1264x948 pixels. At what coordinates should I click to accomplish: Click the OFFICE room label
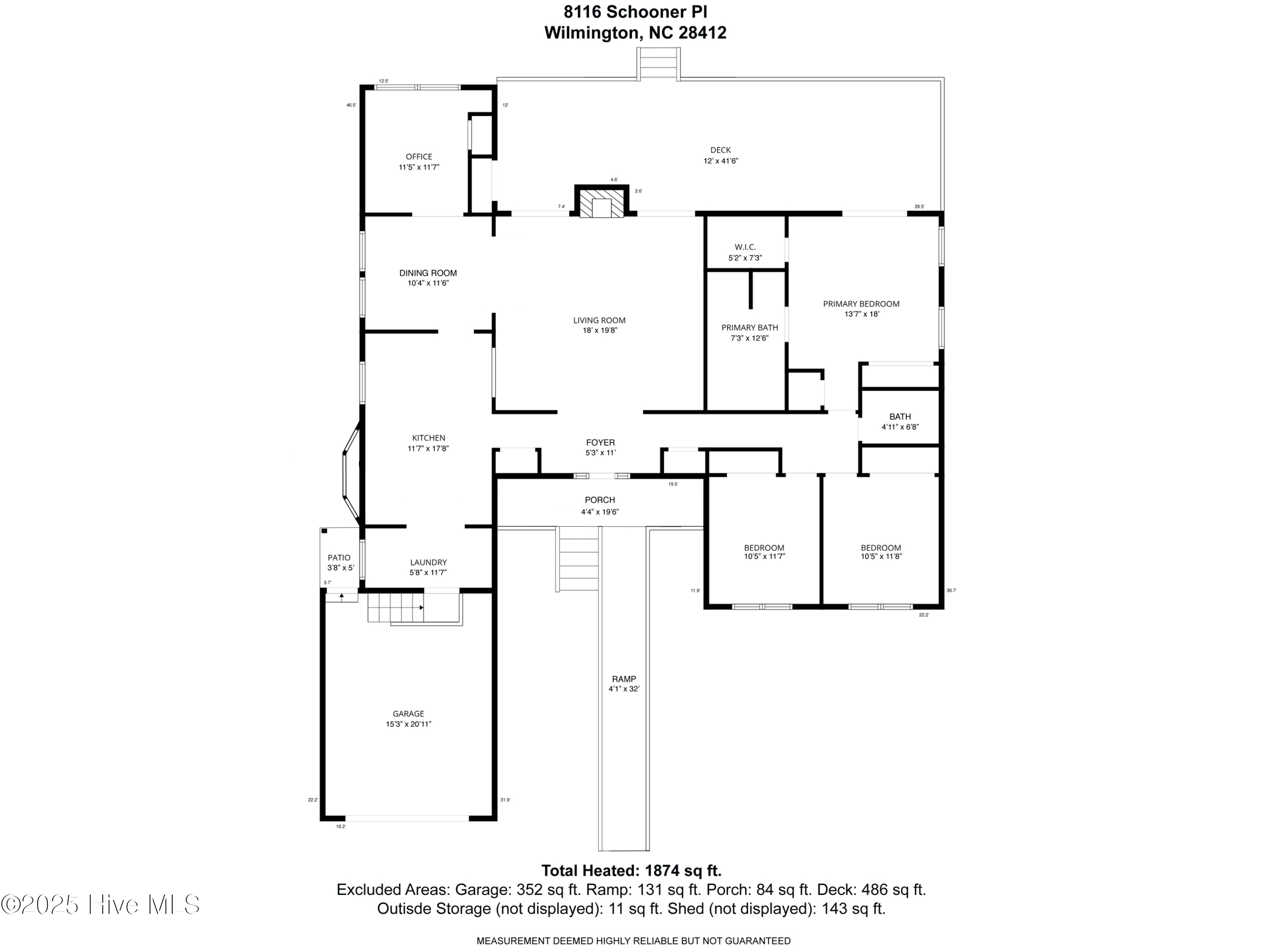[419, 157]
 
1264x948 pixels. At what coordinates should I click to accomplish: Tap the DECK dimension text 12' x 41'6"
[720, 161]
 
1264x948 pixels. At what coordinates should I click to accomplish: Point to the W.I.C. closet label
[745, 247]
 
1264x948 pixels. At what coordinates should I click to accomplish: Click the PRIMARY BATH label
[750, 327]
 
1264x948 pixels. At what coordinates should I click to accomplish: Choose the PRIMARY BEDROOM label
[861, 304]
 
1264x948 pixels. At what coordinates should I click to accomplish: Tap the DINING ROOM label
[428, 273]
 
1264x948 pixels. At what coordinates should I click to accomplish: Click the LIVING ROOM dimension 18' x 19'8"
[600, 330]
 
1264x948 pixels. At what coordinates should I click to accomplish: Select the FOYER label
[600, 442]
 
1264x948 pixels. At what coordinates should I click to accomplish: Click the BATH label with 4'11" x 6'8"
[900, 417]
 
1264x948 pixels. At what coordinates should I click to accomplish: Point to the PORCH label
[600, 500]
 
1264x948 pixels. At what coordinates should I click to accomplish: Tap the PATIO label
[339, 558]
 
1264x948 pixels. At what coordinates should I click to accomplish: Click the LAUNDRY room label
[428, 562]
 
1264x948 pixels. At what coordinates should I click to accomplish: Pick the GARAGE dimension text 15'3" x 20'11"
[409, 724]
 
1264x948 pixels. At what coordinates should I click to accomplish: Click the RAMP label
[624, 679]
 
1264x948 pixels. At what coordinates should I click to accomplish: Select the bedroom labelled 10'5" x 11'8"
[881, 552]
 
